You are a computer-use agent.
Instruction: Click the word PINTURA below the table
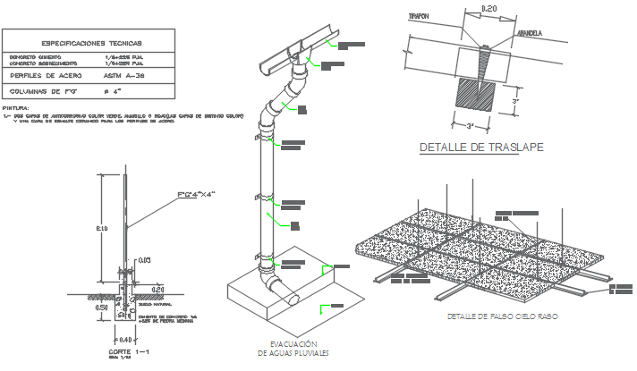tap(17, 107)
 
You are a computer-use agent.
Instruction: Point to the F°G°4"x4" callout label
tap(198, 194)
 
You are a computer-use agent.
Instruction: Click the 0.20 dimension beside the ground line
tap(157, 289)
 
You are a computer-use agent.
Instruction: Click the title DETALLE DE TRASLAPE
tap(482, 148)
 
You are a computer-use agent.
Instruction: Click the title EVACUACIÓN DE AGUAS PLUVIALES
tap(294, 350)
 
